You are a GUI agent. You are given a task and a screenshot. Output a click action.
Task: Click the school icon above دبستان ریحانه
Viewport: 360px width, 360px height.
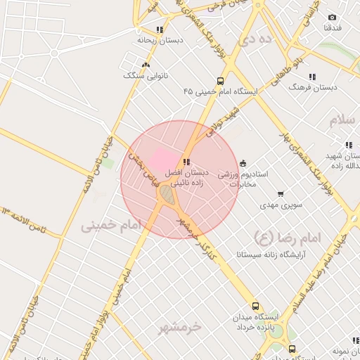click(160, 30)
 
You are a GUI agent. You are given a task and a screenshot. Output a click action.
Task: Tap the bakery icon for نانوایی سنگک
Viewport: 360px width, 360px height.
click(146, 65)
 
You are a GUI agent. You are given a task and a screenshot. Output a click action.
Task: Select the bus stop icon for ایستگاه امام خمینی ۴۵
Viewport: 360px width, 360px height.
click(221, 81)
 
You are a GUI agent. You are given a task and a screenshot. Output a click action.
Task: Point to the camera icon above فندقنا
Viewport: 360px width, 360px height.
click(332, 17)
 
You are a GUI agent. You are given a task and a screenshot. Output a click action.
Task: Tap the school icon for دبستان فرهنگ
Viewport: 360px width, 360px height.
click(312, 77)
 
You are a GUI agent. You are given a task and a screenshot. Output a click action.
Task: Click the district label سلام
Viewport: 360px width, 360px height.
click(344, 118)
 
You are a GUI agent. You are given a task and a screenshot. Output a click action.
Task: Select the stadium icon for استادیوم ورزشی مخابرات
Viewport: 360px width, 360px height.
click(243, 163)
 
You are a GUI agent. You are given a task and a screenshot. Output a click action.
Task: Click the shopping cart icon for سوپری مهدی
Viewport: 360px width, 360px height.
click(281, 194)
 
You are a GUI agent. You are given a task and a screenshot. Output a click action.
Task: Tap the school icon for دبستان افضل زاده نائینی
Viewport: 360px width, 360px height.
click(186, 162)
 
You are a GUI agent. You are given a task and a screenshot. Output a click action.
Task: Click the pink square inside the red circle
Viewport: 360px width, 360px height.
click(162, 157)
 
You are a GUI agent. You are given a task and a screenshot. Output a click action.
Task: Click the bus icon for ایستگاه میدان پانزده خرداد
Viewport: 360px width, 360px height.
click(255, 307)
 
